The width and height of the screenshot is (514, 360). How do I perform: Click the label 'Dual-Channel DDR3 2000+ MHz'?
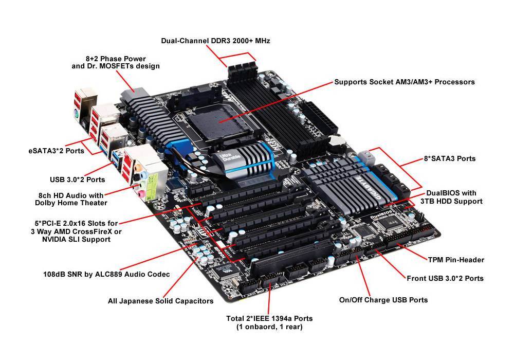[215, 40]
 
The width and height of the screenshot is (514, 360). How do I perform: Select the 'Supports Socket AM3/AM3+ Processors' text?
[404, 82]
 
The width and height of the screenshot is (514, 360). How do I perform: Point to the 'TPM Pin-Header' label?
[456, 260]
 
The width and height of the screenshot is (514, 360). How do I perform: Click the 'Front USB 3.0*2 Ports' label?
[445, 278]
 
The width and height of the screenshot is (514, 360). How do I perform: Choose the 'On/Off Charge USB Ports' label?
[383, 300]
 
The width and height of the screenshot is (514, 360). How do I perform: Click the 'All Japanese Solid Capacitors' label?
[160, 301]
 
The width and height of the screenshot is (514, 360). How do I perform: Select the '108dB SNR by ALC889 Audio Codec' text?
[106, 274]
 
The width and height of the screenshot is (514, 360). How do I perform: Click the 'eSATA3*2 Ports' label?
[56, 151]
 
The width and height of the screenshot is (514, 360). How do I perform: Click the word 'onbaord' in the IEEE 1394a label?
[259, 327]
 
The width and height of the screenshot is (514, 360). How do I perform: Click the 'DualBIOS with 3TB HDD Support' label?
[451, 197]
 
